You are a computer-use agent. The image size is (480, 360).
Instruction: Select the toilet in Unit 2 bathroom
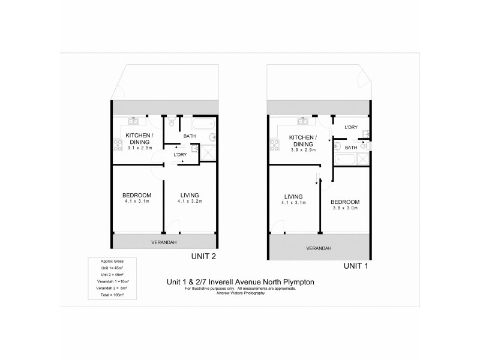[x=172, y=124]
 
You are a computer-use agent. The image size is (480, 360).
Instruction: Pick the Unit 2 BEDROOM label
[x=137, y=195]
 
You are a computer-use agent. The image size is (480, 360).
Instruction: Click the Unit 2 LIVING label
[x=189, y=195]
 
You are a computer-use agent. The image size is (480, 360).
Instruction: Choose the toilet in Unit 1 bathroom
[x=338, y=146]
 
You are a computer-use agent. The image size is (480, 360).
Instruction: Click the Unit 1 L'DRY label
[x=352, y=128]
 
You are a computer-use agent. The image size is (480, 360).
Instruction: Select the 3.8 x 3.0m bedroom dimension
[x=345, y=208]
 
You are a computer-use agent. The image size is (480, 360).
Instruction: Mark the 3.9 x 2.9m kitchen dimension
[x=301, y=150]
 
